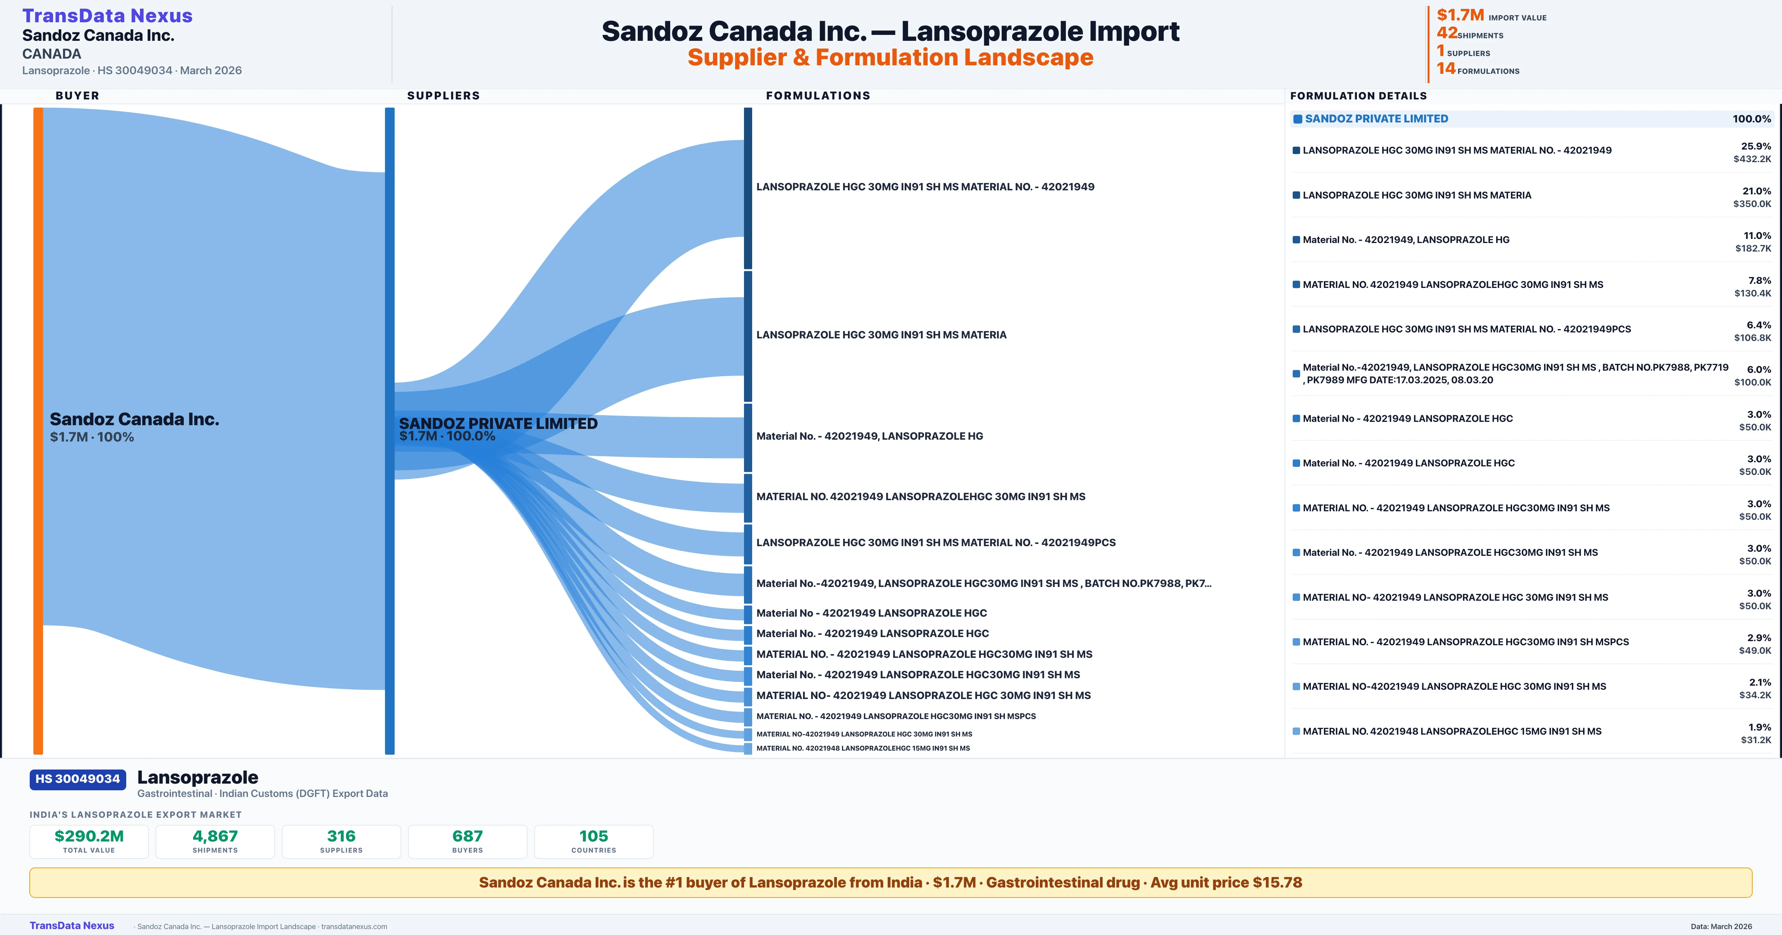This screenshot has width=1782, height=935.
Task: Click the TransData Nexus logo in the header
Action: coord(107,15)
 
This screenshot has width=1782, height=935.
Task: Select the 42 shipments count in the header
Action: coord(1446,33)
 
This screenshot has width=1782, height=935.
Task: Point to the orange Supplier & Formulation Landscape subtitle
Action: coord(890,58)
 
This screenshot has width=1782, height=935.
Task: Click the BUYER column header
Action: coord(78,95)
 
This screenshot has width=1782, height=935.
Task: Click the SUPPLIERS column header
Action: coord(443,95)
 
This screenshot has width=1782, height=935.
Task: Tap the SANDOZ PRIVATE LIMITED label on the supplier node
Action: coord(498,423)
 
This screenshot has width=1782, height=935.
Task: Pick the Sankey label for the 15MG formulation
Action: coord(863,748)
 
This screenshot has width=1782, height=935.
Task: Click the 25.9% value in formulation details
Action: coord(1756,146)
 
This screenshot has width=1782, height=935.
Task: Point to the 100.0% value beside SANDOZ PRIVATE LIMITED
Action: coord(1752,119)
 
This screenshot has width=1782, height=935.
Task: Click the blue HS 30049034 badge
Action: coord(78,779)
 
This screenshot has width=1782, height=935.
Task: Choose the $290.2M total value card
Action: coord(89,841)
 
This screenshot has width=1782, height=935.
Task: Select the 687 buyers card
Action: coord(468,841)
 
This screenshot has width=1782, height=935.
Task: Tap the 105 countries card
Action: coord(594,841)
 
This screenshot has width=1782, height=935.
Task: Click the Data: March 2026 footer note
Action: coord(1721,926)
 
